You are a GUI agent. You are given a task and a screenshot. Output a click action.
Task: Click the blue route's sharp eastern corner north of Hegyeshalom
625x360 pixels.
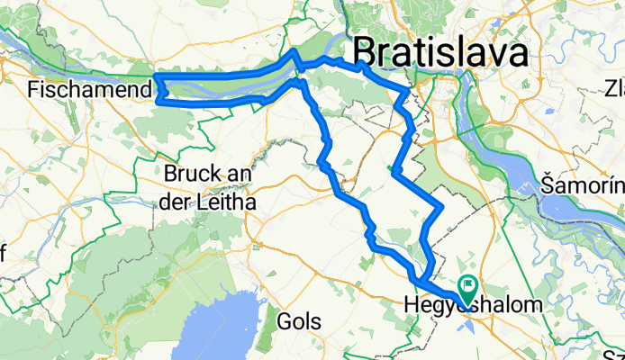pos(440,209)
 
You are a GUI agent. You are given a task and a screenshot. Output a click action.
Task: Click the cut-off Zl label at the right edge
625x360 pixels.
pos(614,89)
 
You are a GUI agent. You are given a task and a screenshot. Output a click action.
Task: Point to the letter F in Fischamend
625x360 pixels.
pos(34,90)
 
